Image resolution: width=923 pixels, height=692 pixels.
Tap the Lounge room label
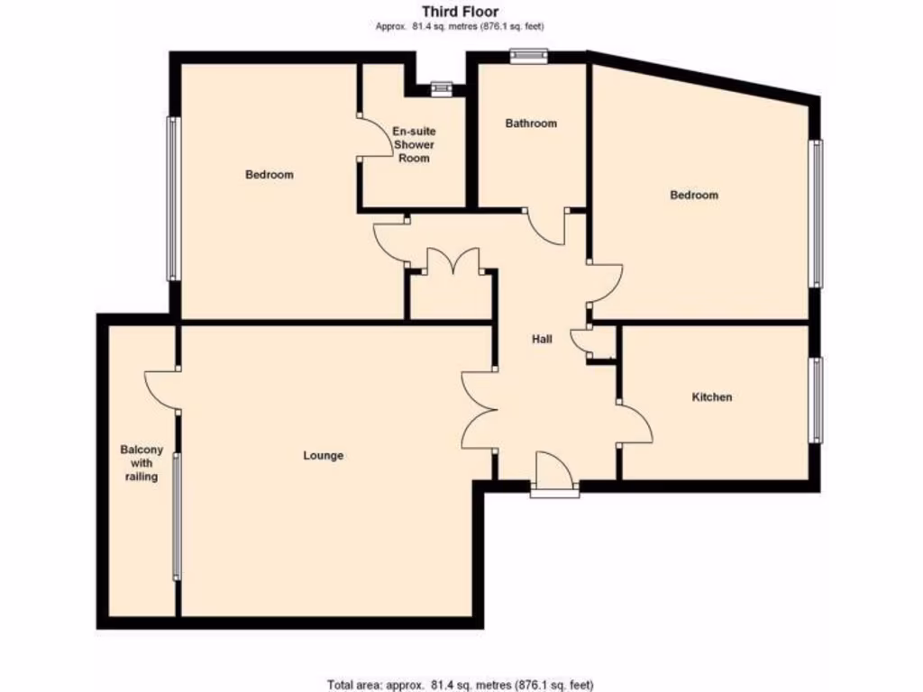pyautogui.click(x=323, y=455)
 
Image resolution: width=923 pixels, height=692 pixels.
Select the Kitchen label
pyautogui.click(x=711, y=396)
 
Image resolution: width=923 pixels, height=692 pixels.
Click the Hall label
pyautogui.click(x=542, y=339)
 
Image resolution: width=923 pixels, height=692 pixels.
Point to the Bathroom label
pyautogui.click(x=531, y=123)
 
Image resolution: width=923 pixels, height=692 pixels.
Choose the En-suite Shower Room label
pyautogui.click(x=414, y=144)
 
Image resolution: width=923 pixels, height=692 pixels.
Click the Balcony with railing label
pyautogui.click(x=142, y=462)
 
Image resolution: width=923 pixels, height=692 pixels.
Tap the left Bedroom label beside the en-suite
pyautogui.click(x=270, y=174)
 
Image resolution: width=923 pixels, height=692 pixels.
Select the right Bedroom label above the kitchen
pyautogui.click(x=694, y=195)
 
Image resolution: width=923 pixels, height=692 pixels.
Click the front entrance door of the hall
pyautogui.click(x=553, y=473)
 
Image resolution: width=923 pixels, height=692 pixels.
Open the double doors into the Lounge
pyautogui.click(x=478, y=410)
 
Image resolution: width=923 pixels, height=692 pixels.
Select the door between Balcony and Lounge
pyautogui.click(x=160, y=389)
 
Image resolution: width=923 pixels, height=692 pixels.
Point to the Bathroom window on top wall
pyautogui.click(x=528, y=56)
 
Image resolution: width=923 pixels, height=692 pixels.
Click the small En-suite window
pyautogui.click(x=441, y=88)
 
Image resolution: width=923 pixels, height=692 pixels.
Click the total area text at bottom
pyautogui.click(x=460, y=684)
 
